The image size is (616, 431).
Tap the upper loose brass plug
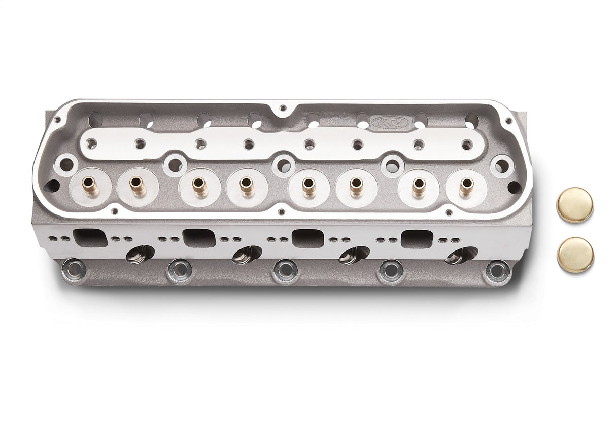click(575, 205)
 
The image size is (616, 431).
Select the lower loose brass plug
click(575, 255)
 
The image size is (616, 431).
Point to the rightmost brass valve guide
click(466, 187)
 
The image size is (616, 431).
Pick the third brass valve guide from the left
click(199, 186)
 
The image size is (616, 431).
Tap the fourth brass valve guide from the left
click(247, 186)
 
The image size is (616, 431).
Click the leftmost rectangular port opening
click(90, 237)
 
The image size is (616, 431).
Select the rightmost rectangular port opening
click(417, 239)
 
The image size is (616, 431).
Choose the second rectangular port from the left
click(199, 237)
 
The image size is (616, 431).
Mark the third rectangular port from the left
click(308, 238)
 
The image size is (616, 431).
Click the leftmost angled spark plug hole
click(140, 254)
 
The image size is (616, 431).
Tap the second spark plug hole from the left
click(247, 254)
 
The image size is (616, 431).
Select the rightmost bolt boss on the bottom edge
click(497, 271)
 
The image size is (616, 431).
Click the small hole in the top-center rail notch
click(283, 108)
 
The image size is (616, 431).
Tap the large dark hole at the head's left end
click(52, 186)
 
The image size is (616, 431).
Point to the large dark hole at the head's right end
click(514, 187)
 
